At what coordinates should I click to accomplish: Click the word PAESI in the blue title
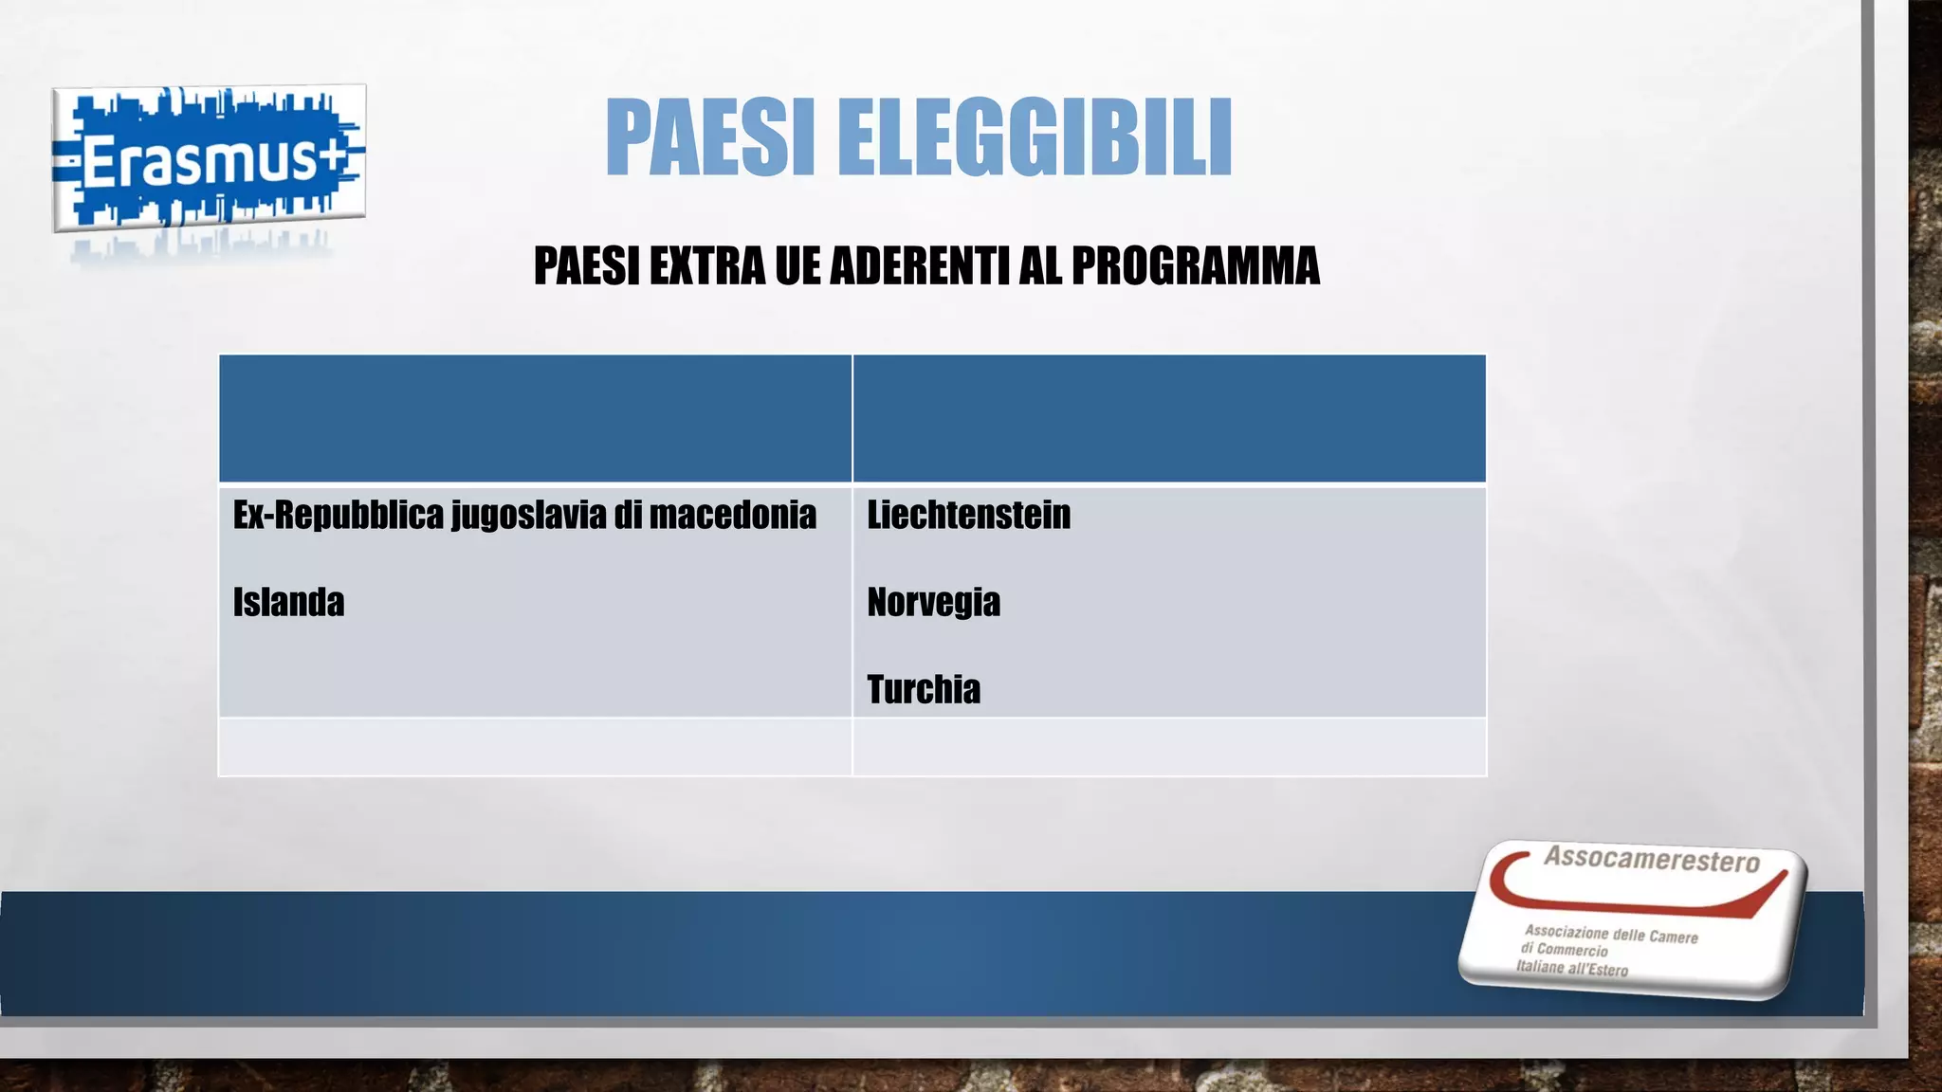(710, 137)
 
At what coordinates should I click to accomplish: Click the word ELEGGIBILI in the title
(1035, 137)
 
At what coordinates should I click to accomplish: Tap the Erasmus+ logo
(209, 158)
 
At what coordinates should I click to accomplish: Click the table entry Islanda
(288, 602)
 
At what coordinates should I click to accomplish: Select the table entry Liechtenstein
(968, 515)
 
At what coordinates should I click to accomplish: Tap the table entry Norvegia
(933, 602)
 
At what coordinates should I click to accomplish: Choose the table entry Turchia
(923, 689)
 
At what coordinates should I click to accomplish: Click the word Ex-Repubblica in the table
(338, 515)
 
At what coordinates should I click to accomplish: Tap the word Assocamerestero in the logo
(1651, 859)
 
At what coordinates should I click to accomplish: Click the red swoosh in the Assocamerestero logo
(1631, 896)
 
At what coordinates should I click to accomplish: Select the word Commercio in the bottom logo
(1572, 950)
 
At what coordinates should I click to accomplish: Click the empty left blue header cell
(535, 418)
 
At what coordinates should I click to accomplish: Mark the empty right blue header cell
(1168, 418)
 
